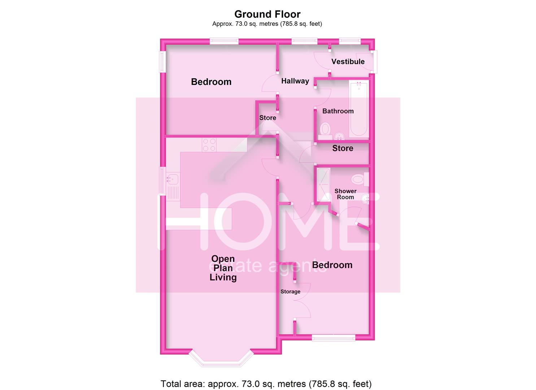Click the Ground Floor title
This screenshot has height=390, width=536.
tap(267, 14)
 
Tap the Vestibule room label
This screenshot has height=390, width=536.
tap(348, 62)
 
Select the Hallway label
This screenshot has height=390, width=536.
tap(295, 81)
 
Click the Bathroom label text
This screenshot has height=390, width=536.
tap(338, 111)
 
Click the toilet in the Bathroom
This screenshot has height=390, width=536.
tap(326, 129)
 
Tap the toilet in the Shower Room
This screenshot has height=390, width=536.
tap(358, 179)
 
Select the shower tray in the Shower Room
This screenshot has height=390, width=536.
tap(323, 184)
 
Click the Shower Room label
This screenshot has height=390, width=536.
tap(345, 194)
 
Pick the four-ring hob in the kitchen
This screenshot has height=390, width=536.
tap(209, 145)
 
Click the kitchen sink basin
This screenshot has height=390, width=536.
tap(173, 178)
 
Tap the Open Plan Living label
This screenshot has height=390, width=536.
tap(223, 268)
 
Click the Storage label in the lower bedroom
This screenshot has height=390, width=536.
tap(290, 291)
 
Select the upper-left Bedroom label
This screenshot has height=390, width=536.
tap(211, 82)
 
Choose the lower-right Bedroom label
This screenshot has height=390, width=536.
tap(332, 265)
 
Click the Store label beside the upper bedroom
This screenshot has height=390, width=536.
tap(267, 118)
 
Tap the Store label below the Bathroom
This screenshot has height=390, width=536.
tap(343, 148)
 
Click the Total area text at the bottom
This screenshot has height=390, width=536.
tap(266, 383)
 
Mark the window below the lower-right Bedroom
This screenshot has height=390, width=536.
tap(334, 338)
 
